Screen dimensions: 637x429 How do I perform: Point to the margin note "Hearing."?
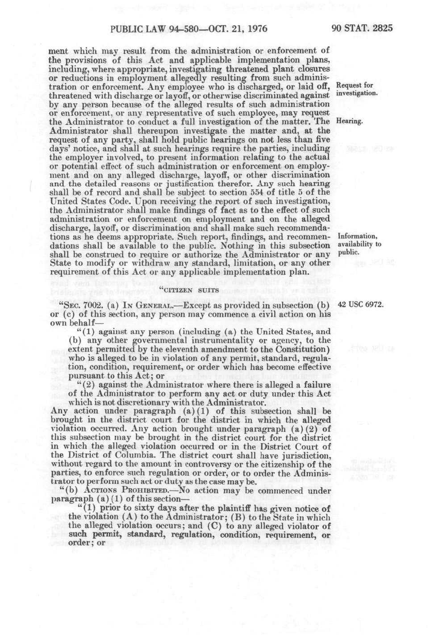(349, 121)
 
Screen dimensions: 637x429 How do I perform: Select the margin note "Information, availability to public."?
(359, 244)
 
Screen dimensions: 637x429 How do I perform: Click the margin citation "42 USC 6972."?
(361, 305)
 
